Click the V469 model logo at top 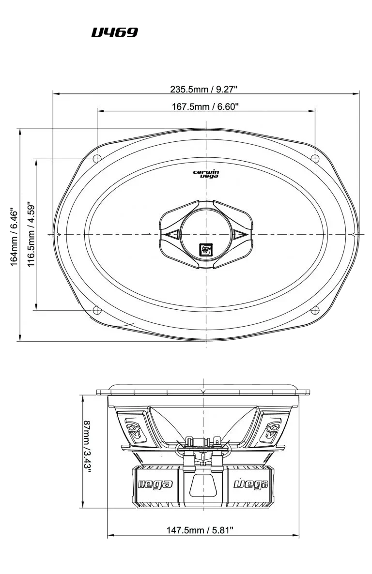coord(115,33)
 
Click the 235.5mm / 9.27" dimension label coord(205,89)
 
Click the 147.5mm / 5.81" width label coord(200,530)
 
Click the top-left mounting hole coord(97,158)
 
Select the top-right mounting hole coord(315,158)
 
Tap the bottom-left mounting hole coord(97,310)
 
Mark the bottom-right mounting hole coord(315,310)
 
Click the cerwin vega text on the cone coord(206,174)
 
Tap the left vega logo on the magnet coord(155,484)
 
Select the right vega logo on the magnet coord(251,484)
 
